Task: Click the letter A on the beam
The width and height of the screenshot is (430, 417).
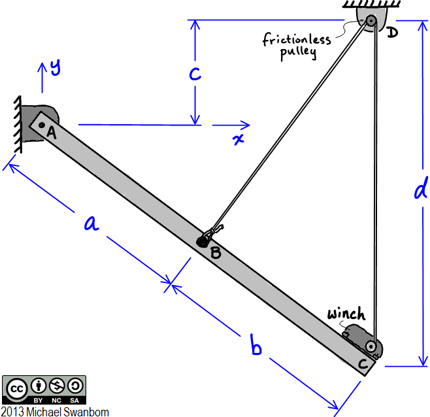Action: click(x=51, y=133)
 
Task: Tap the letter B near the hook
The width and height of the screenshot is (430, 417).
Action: click(x=216, y=252)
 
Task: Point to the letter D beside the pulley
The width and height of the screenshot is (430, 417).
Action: click(x=391, y=31)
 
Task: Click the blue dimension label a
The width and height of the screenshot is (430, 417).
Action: click(x=91, y=224)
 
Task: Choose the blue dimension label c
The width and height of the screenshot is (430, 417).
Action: click(x=195, y=73)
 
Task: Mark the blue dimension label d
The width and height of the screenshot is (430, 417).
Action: click(x=421, y=190)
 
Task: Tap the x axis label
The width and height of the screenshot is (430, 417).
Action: click(x=239, y=139)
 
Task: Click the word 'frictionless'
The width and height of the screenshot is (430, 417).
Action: click(x=297, y=41)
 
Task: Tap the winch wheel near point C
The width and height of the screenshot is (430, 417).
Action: click(x=371, y=345)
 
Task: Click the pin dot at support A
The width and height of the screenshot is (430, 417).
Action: click(x=41, y=124)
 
